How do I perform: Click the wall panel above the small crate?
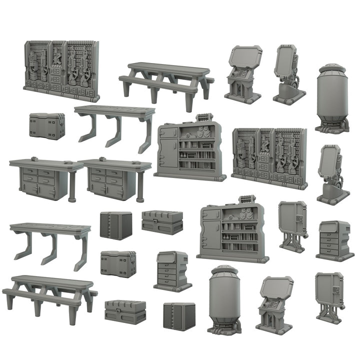click(61, 71)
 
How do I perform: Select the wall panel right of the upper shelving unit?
click(269, 157)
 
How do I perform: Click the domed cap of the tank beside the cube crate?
click(224, 272)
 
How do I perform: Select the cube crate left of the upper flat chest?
click(116, 225)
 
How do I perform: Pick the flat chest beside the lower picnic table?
click(125, 311)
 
